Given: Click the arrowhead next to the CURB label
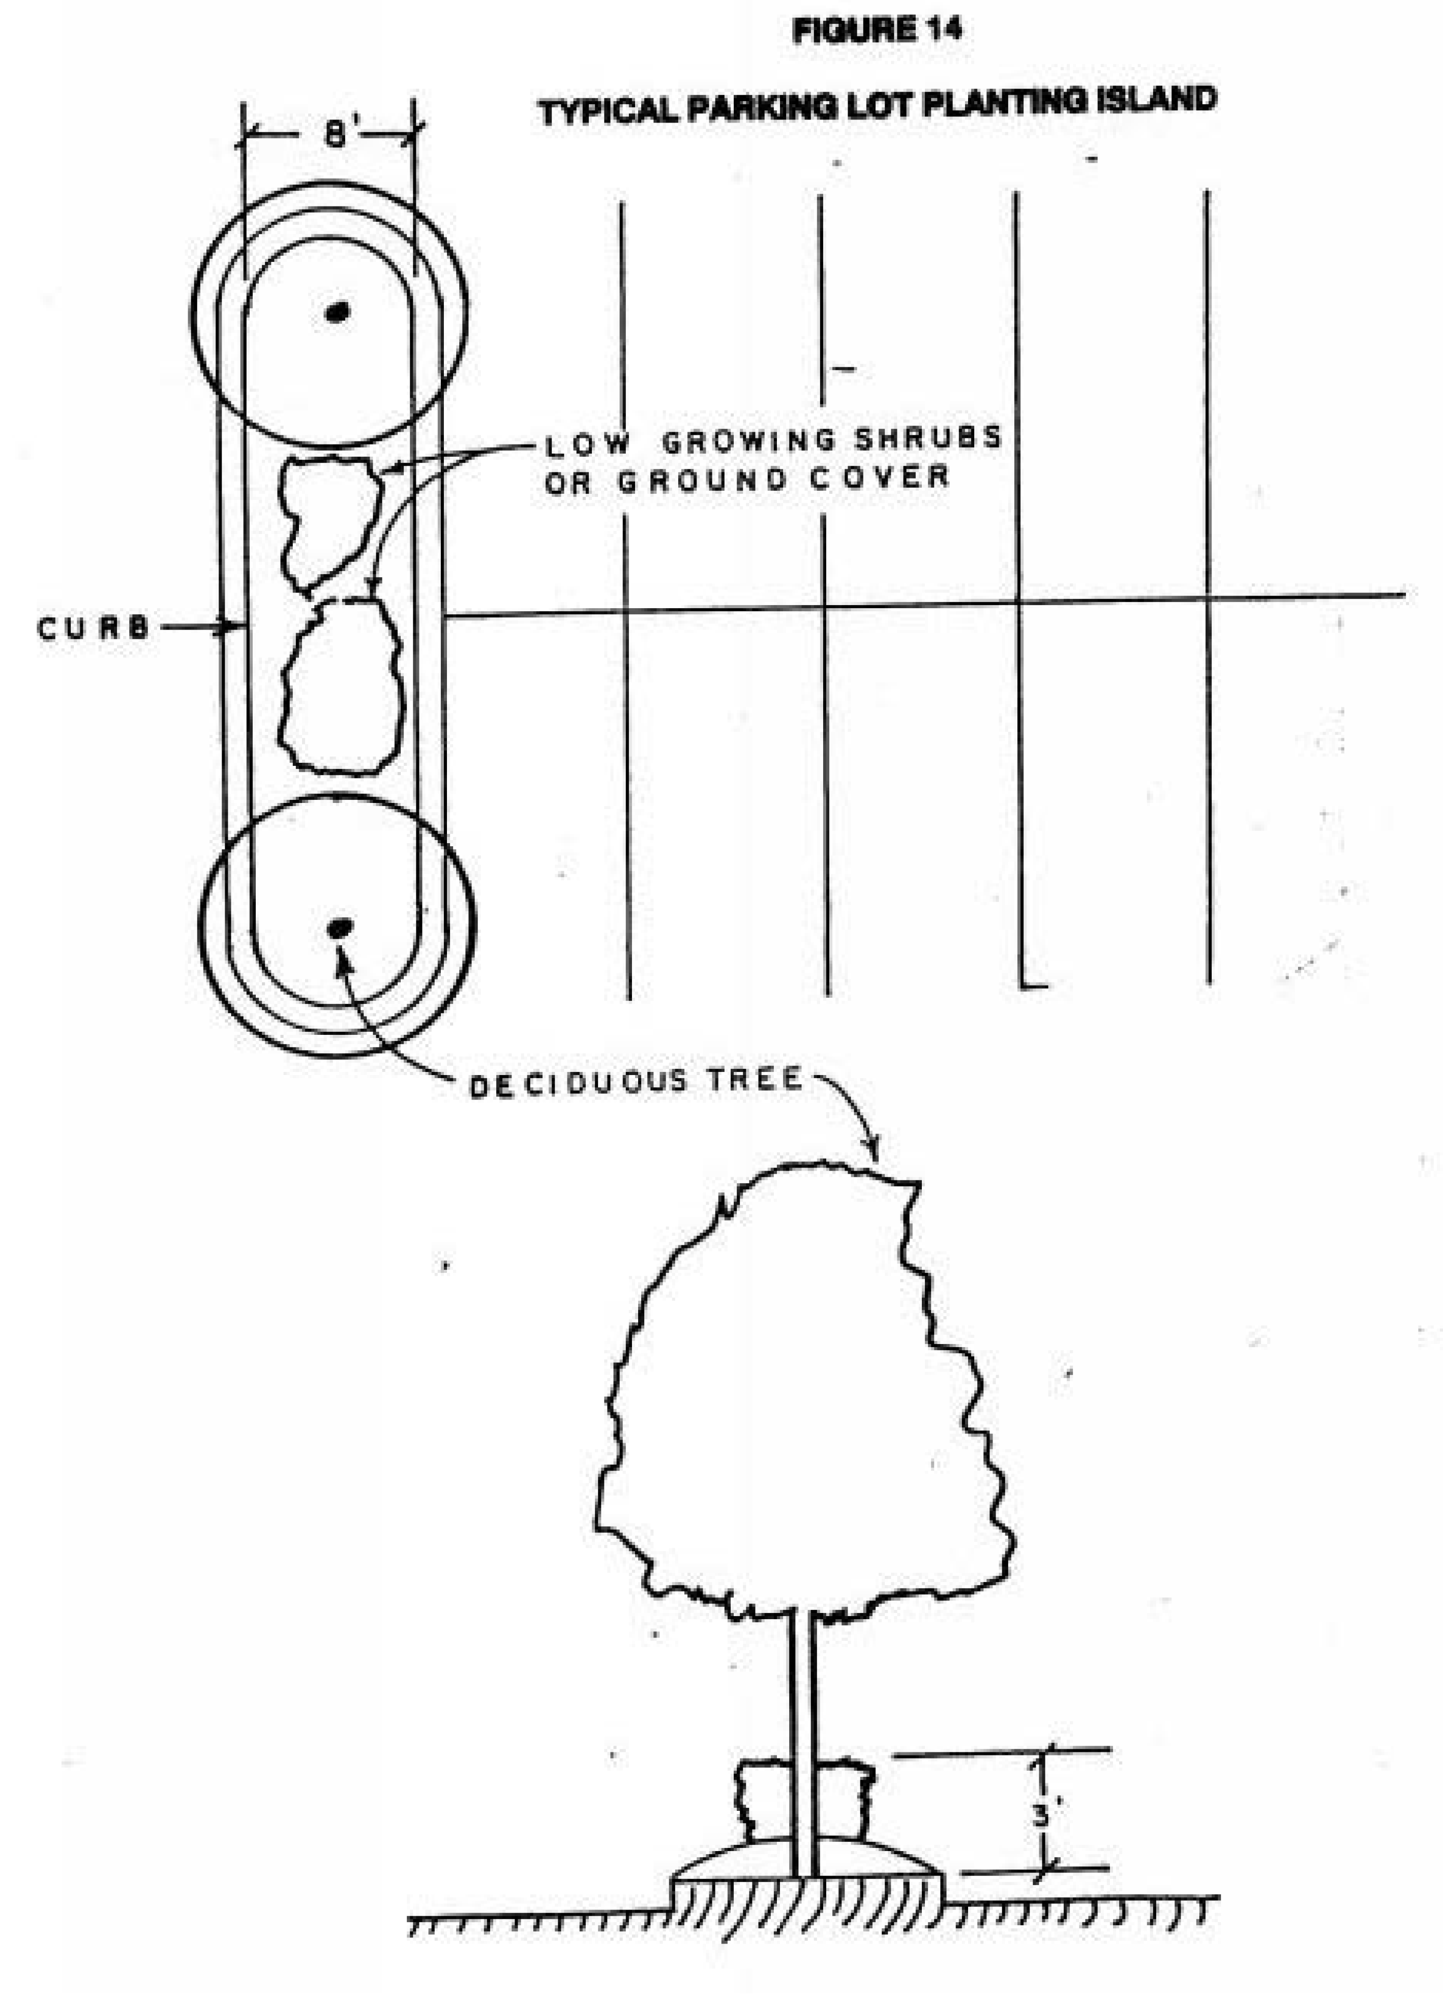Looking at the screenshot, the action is tap(231, 627).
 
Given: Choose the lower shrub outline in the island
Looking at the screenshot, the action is tap(342, 687).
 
